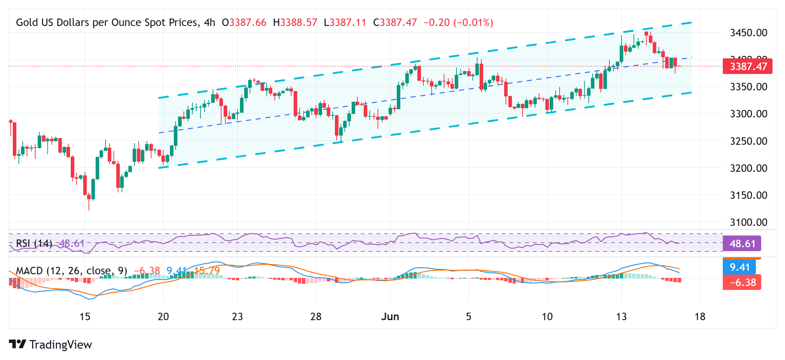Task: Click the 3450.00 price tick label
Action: (x=748, y=33)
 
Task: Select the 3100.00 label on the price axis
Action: (x=748, y=222)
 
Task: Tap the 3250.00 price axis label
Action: (x=748, y=141)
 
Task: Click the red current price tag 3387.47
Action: (x=747, y=67)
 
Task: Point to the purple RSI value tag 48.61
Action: (x=742, y=244)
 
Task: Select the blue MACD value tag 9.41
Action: (x=739, y=267)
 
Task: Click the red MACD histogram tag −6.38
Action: (x=742, y=282)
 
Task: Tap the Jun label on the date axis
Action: (x=390, y=317)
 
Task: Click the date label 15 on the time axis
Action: (x=85, y=317)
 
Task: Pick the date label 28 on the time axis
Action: (x=316, y=317)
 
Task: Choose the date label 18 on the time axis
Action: (x=700, y=317)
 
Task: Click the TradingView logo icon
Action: (x=17, y=344)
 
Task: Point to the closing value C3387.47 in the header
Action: (x=395, y=22)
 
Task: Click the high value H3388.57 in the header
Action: (x=295, y=22)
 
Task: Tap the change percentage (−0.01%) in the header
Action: (x=473, y=22)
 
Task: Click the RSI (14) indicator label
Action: (x=34, y=243)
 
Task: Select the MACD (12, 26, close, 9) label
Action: (x=71, y=271)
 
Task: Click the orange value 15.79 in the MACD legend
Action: (x=207, y=271)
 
